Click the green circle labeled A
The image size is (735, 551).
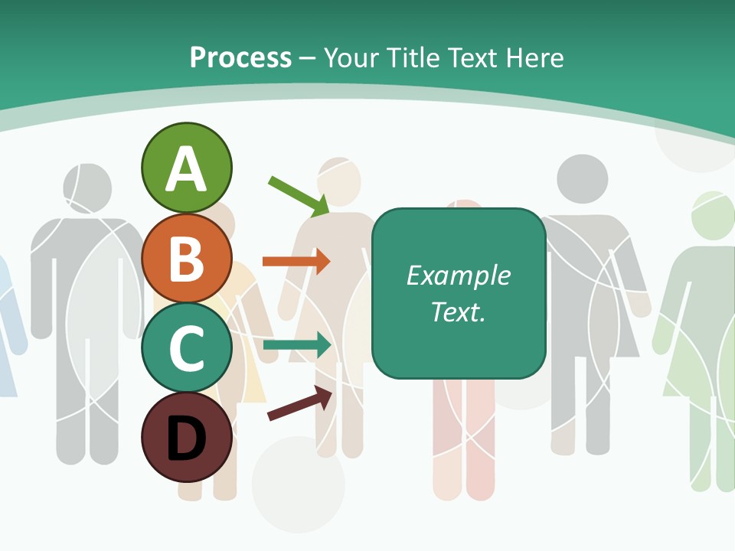click(186, 168)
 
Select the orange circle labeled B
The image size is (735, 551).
click(186, 258)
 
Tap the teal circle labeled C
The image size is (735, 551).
click(186, 347)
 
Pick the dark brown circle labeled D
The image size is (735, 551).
click(186, 437)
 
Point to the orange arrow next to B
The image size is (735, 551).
click(296, 262)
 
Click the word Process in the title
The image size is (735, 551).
click(240, 57)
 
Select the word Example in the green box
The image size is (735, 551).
click(458, 275)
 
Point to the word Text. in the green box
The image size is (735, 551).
click(458, 311)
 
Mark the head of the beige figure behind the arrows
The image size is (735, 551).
click(339, 182)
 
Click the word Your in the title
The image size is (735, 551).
click(353, 57)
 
